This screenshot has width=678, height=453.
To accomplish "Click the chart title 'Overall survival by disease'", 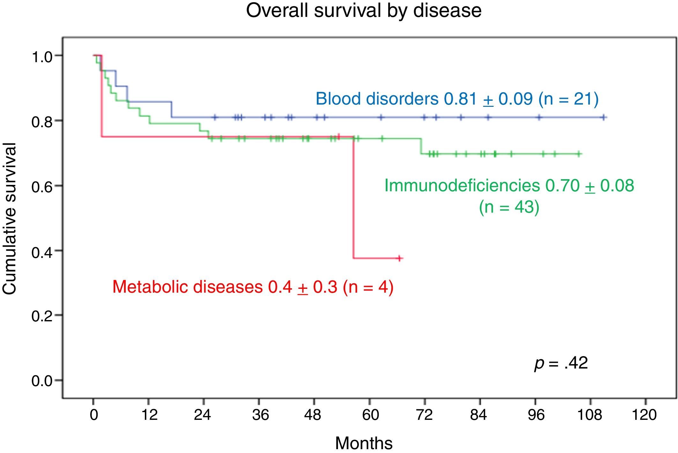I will click(x=364, y=10).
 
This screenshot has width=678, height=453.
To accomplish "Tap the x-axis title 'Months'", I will click(x=364, y=443).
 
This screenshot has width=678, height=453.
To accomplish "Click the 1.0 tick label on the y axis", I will click(x=41, y=57).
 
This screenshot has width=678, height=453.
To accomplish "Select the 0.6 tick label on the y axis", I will click(x=41, y=187).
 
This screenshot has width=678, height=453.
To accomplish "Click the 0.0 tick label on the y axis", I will click(x=41, y=381).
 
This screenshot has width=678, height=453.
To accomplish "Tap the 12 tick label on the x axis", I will click(x=149, y=415).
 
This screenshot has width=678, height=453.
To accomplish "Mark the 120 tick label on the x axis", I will click(x=644, y=415).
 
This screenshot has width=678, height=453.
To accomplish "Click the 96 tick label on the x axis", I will click(x=536, y=415).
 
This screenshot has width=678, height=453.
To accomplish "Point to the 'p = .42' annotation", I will click(x=561, y=363).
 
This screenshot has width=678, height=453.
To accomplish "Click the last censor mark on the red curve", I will click(x=399, y=258).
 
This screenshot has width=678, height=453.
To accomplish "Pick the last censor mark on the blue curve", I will click(x=603, y=118).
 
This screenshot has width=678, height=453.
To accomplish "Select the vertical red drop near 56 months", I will click(x=354, y=198).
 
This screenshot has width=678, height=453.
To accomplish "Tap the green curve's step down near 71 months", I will click(x=421, y=146).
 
